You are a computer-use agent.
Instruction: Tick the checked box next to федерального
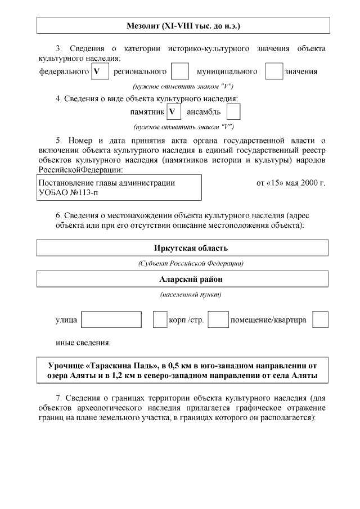pos(100,71)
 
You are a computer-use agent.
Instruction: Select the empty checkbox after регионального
pos(179,71)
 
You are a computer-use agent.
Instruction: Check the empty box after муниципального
pos(274,71)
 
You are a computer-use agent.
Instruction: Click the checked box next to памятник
pos(174,111)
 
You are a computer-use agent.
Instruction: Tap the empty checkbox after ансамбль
pos(233,111)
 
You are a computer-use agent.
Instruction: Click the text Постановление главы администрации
pos(106,183)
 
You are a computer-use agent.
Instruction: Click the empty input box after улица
pos(111,319)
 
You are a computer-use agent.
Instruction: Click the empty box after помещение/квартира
pos(320,319)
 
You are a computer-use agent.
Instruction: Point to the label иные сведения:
pos(83,343)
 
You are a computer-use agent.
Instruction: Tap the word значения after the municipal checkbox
pos(301,71)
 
